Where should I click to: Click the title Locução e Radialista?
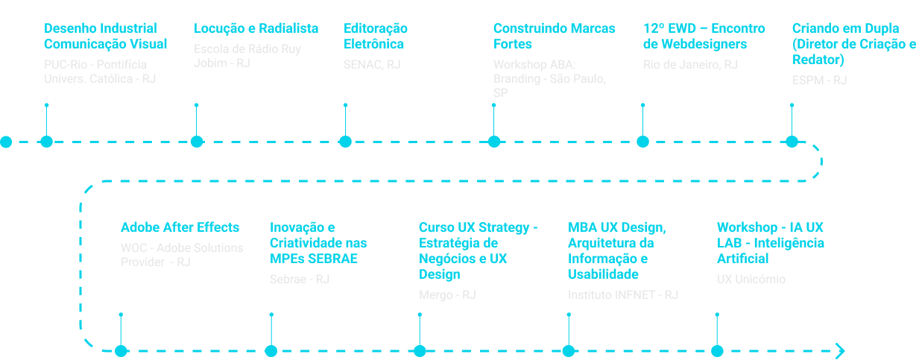click(256, 29)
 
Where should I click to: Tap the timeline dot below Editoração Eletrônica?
click(345, 142)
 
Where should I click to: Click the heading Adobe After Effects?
click(180, 228)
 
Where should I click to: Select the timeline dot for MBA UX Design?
click(569, 351)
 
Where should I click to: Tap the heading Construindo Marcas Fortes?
click(554, 37)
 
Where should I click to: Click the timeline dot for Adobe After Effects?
click(121, 351)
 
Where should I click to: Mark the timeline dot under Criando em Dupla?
click(792, 142)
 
